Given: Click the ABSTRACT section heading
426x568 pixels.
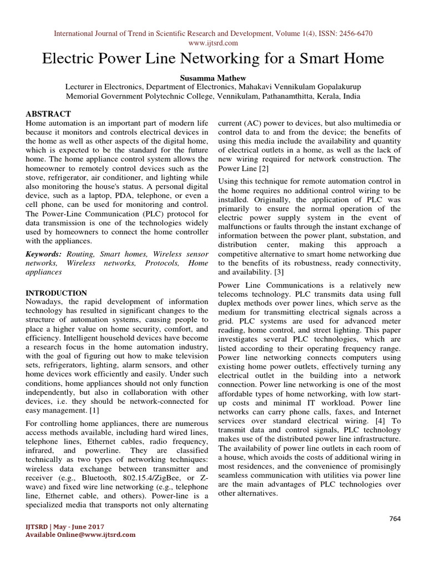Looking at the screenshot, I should (48, 114).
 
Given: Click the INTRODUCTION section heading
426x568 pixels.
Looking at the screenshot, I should (57, 293).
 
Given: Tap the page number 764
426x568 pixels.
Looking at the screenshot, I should (394, 519).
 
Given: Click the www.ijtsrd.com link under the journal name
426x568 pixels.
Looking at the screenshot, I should (213, 43).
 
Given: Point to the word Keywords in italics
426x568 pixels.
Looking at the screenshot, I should (44, 253).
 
